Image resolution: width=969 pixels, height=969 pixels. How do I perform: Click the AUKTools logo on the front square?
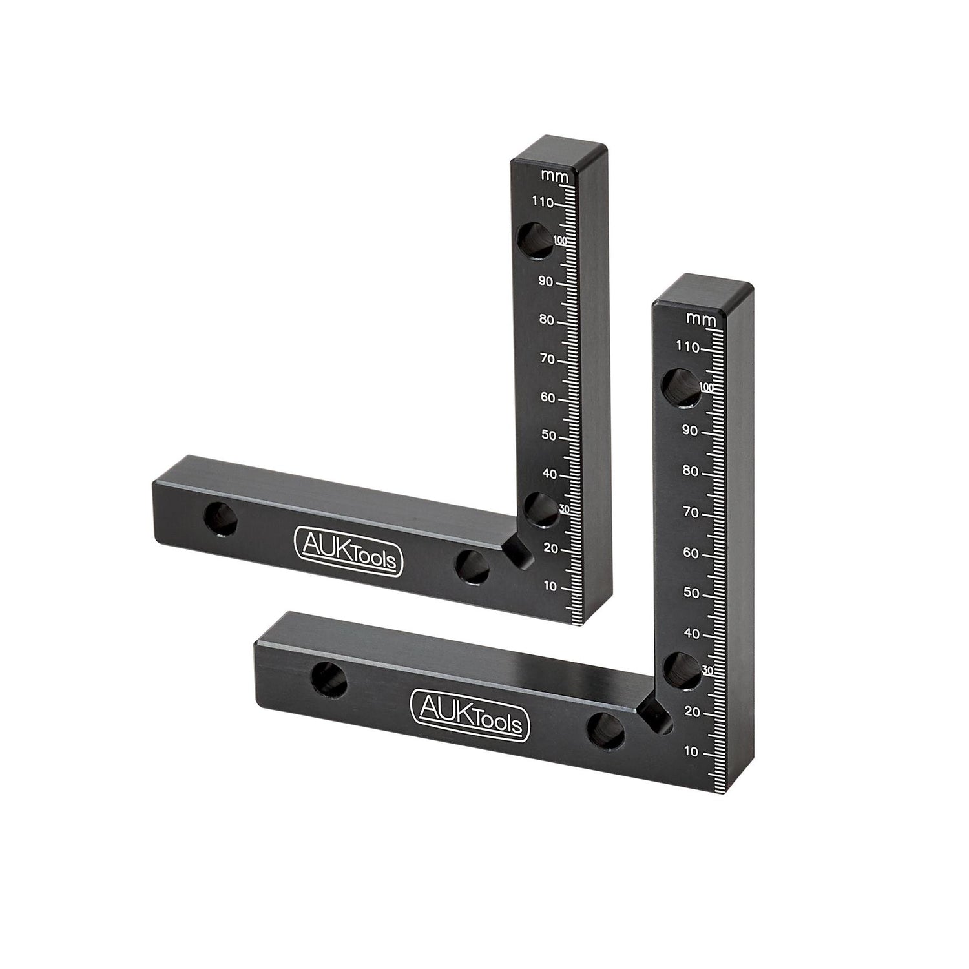[470, 714]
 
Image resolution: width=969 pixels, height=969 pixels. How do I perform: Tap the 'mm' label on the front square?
[699, 318]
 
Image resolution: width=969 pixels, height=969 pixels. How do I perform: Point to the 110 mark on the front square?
[687, 348]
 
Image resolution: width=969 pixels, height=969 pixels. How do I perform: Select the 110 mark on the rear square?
[543, 203]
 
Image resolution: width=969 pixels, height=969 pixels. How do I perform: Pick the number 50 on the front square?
[691, 592]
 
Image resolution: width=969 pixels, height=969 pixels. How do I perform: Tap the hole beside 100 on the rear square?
[536, 240]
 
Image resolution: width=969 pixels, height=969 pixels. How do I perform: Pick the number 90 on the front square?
[690, 431]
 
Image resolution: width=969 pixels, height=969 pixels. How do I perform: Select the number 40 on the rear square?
[549, 474]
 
